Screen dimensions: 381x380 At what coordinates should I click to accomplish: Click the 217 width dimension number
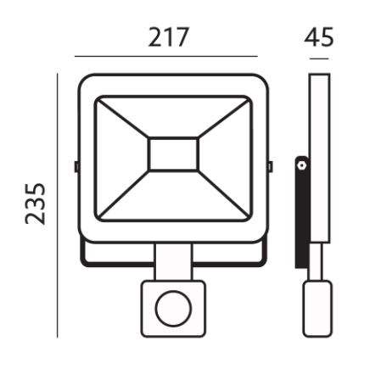pyautogui.click(x=168, y=37)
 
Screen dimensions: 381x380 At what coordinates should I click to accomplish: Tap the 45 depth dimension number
pyautogui.click(x=319, y=37)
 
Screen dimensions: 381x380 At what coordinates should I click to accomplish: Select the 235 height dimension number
pyautogui.click(x=36, y=204)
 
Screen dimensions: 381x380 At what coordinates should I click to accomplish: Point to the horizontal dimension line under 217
pyautogui.click(x=166, y=56)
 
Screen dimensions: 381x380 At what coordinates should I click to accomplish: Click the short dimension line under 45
pyautogui.click(x=319, y=59)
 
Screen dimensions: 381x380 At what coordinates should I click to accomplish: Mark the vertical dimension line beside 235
pyautogui.click(x=58, y=205)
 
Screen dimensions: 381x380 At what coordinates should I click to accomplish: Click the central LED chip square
pyautogui.click(x=173, y=154)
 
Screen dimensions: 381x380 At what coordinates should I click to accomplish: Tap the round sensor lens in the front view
pyautogui.click(x=173, y=308)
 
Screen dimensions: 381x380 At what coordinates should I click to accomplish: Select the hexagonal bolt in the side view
pyautogui.click(x=302, y=165)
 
